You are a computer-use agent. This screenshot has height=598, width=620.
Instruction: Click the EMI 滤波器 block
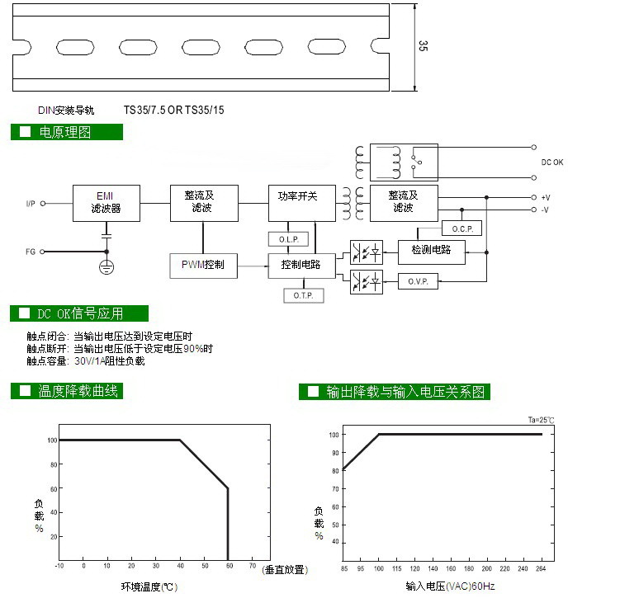click(106, 203)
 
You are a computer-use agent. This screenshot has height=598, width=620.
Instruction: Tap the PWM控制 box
click(202, 266)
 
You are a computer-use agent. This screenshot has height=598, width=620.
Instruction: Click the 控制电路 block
click(302, 266)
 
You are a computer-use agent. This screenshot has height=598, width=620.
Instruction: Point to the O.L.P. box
click(288, 239)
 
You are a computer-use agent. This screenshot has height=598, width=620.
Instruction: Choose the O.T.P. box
click(303, 294)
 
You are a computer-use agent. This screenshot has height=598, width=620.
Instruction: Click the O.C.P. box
click(462, 228)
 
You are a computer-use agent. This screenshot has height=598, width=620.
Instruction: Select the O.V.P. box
click(418, 281)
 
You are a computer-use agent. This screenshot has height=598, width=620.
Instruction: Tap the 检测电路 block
click(431, 250)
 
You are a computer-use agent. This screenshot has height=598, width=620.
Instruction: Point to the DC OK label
click(552, 162)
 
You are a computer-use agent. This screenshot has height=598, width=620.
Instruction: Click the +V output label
click(546, 198)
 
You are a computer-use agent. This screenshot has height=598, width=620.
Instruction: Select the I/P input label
click(31, 203)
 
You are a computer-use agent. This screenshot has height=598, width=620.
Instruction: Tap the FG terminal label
click(31, 252)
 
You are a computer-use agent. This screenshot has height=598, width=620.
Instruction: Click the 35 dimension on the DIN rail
click(423, 47)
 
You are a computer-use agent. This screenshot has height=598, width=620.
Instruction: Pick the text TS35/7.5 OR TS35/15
click(174, 109)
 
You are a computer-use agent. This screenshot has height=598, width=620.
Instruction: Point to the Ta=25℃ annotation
click(542, 421)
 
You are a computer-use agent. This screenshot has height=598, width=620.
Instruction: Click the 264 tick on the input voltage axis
click(542, 569)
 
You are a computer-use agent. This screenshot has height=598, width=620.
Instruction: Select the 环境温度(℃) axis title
click(149, 586)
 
